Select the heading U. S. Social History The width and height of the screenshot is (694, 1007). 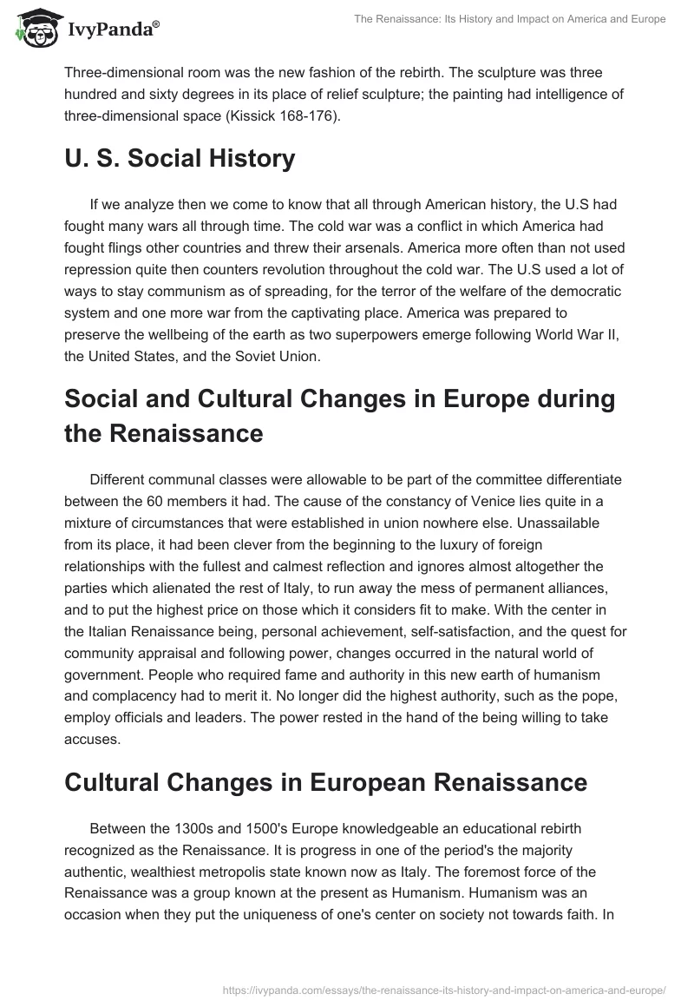click(x=180, y=159)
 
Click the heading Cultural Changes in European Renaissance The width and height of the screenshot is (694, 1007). click(x=325, y=781)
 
